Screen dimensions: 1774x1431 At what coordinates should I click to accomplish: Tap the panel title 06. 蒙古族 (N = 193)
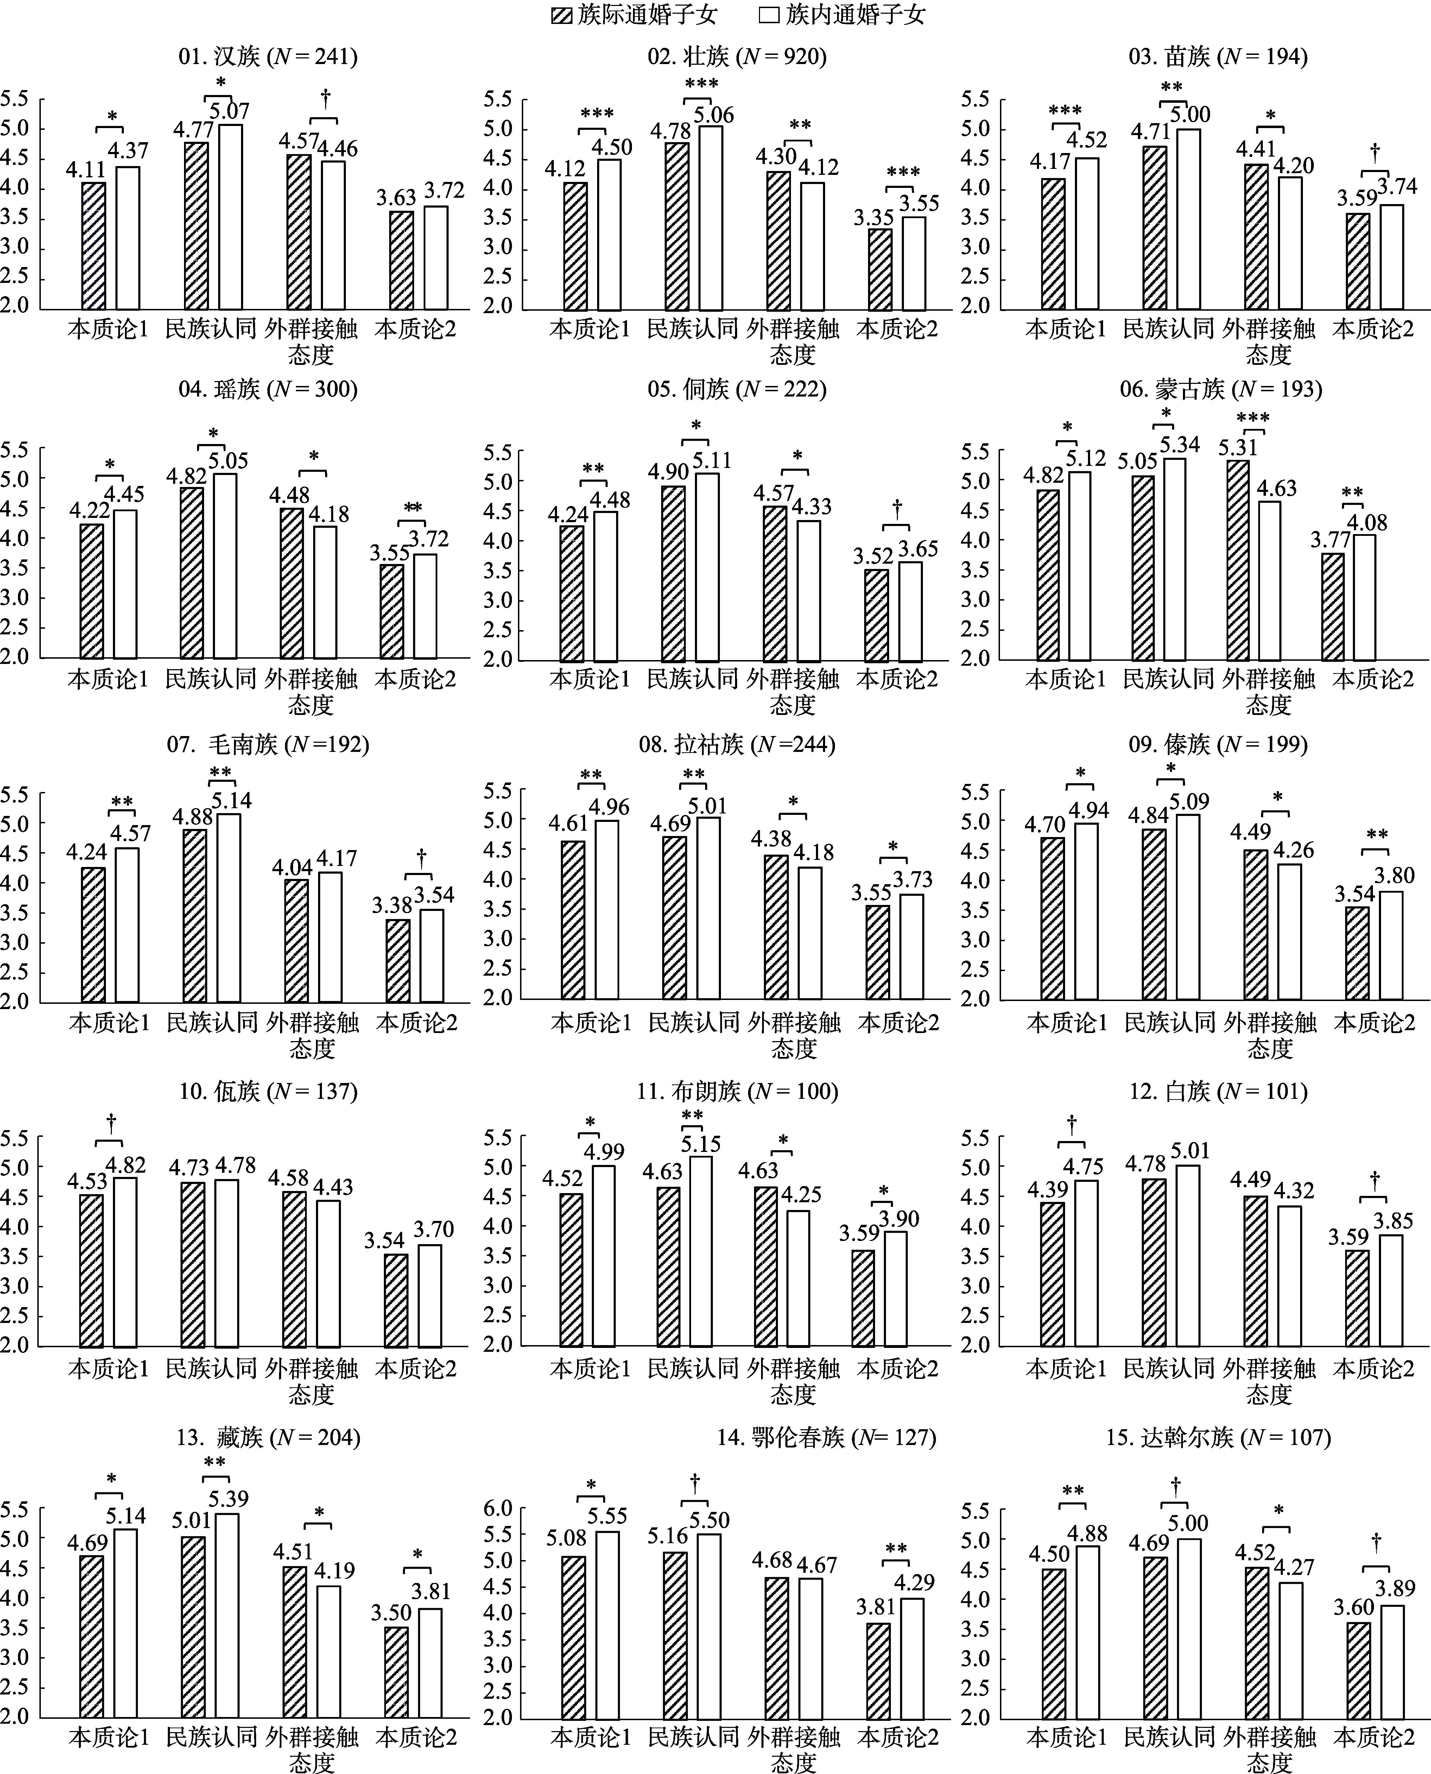(1220, 389)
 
